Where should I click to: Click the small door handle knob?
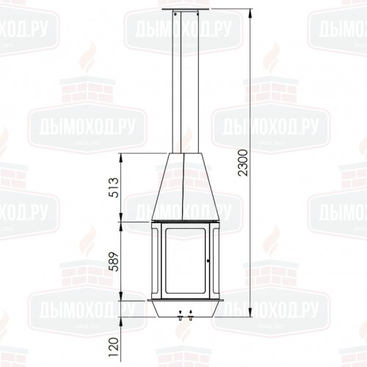tap(208, 260)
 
